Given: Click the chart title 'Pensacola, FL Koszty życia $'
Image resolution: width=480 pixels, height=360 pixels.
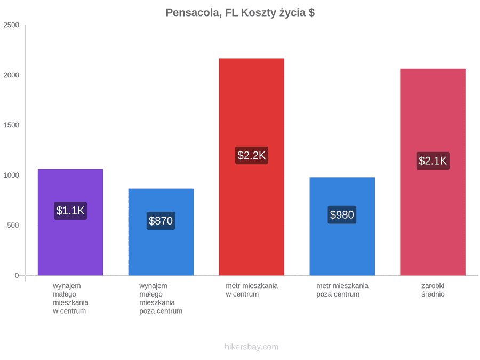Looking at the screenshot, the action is tap(240, 13).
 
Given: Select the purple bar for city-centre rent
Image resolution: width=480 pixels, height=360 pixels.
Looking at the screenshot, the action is tap(70, 222).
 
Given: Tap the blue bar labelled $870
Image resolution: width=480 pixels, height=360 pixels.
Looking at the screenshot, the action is tap(161, 232).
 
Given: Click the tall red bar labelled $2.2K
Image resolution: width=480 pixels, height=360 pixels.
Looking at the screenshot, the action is tap(252, 167).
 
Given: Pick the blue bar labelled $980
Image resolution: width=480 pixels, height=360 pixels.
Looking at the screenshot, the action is tap(342, 226).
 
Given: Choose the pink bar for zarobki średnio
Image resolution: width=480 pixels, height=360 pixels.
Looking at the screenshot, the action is tap(433, 172).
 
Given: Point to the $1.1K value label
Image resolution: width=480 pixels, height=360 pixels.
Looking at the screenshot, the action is tap(70, 211).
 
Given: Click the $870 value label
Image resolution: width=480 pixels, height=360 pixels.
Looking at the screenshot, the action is tap(161, 221).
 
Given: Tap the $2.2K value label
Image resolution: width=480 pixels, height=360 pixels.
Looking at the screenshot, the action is tap(252, 155).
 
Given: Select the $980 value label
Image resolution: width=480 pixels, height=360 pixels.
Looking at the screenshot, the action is tap(342, 214).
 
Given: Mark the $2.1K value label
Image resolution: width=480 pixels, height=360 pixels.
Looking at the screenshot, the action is tap(433, 161).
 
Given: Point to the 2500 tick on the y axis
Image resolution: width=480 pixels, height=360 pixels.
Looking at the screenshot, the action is tap(11, 25).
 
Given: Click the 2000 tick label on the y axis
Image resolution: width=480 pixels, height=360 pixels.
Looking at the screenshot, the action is tap(11, 75).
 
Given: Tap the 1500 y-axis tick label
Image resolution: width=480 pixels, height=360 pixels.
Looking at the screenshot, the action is tap(11, 125).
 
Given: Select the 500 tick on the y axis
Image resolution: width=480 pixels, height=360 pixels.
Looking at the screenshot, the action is tap(13, 225).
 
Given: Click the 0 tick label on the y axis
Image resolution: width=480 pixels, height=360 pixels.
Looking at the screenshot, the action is tap(17, 275).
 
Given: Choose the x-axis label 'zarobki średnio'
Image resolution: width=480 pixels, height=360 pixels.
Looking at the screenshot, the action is tap(433, 290).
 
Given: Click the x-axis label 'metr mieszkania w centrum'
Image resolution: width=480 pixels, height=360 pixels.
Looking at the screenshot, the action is tap(252, 290).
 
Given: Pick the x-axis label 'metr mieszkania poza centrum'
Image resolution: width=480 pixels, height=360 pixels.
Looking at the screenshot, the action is tap(342, 290).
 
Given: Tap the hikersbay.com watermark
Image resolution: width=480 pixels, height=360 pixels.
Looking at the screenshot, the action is tap(252, 347).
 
